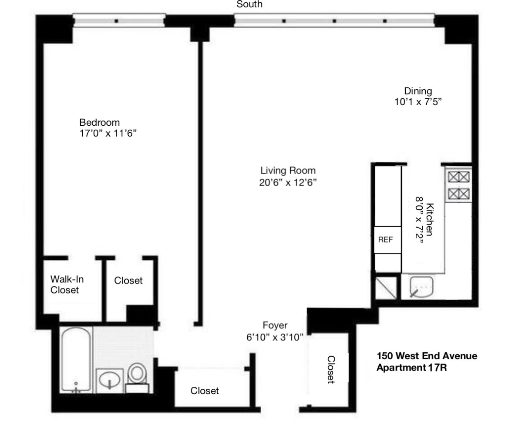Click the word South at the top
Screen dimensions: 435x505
click(249, 5)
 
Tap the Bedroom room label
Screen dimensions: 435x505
click(99, 122)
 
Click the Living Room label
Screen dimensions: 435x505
click(288, 170)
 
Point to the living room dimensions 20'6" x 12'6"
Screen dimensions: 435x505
click(287, 182)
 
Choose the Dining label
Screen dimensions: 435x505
click(418, 91)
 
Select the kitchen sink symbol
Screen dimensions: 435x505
click(421, 288)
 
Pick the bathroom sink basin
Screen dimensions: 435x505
click(110, 381)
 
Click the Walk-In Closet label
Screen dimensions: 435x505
click(65, 284)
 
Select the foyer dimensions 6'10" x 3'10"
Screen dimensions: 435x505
click(275, 337)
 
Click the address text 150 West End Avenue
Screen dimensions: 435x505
click(427, 356)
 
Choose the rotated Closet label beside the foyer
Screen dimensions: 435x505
click(331, 370)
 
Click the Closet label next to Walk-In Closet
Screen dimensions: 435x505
click(128, 281)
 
